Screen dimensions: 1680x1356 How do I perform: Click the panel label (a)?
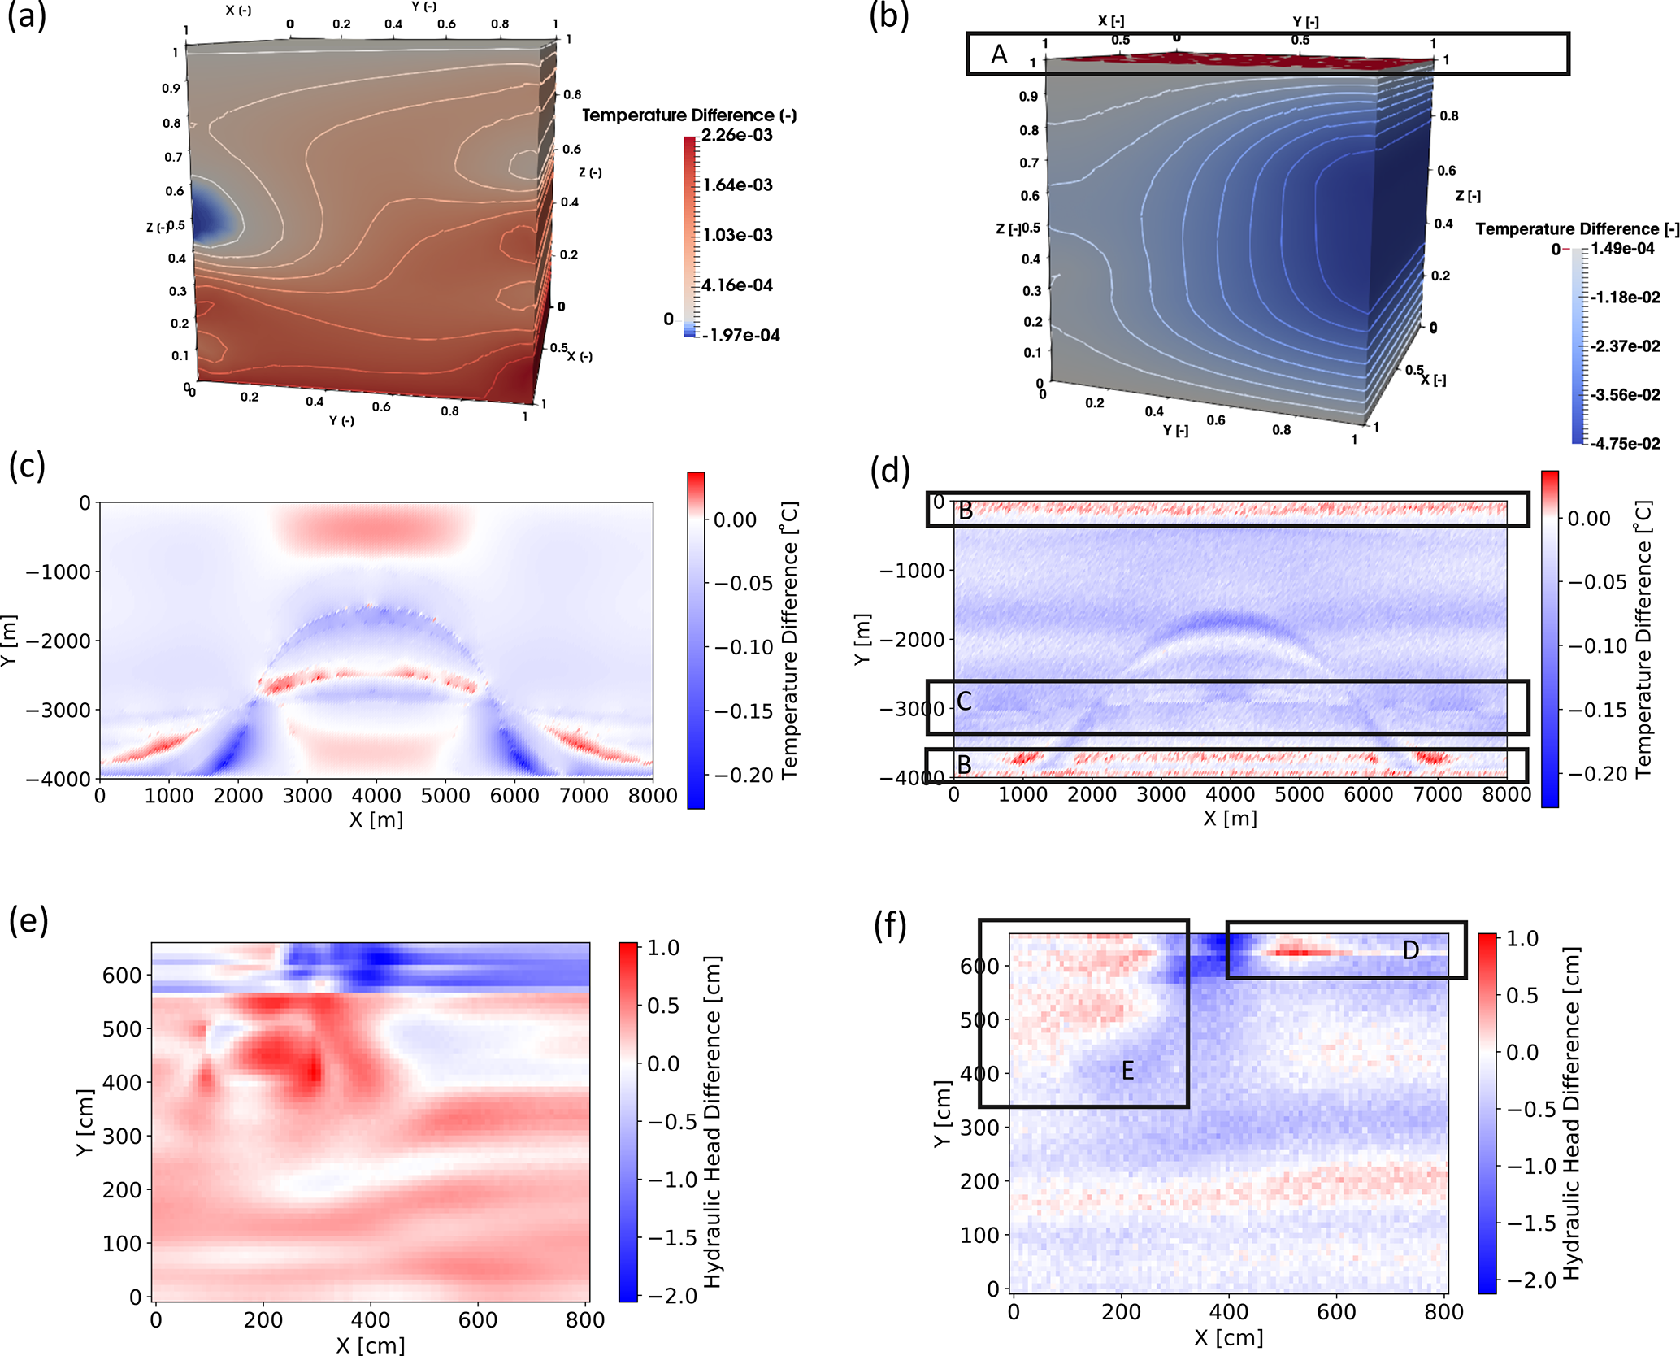(x=27, y=15)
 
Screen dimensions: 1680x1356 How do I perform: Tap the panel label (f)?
(x=890, y=926)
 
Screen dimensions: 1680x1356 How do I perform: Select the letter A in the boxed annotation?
(x=999, y=55)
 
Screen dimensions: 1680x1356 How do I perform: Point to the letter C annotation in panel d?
(x=965, y=701)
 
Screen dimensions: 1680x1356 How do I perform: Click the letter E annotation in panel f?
(x=1127, y=1071)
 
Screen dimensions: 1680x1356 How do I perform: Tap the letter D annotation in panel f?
(x=1411, y=950)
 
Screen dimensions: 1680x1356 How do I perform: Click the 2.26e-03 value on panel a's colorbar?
(x=737, y=135)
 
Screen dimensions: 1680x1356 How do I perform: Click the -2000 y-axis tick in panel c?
(x=58, y=641)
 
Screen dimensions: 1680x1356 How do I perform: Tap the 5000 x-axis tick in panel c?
(x=445, y=796)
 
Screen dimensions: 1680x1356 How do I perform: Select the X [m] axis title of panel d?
(x=1230, y=819)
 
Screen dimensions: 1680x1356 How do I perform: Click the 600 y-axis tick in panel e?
(x=122, y=975)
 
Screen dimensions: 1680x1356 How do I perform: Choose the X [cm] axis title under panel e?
(x=371, y=1345)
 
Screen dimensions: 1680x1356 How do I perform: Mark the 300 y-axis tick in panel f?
(x=979, y=1127)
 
